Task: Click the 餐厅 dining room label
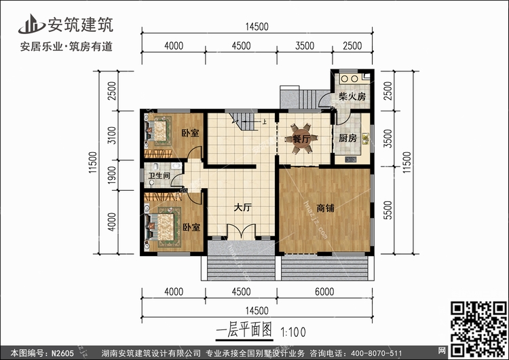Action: (301, 139)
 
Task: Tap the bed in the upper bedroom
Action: (160, 130)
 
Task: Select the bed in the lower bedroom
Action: (161, 223)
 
